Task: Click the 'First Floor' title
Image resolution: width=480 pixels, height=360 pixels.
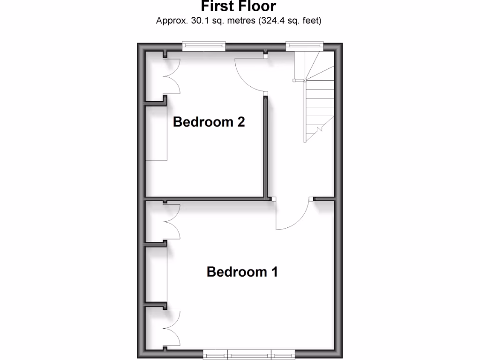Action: (x=239, y=6)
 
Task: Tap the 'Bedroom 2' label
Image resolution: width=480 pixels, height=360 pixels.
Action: (x=209, y=122)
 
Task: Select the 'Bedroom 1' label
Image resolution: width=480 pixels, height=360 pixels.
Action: (x=242, y=272)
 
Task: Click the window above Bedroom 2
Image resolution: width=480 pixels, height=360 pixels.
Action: (x=204, y=46)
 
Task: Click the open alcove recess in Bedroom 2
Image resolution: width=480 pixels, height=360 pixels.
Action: (x=156, y=133)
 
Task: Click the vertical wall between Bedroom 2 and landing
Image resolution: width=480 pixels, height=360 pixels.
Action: (x=265, y=145)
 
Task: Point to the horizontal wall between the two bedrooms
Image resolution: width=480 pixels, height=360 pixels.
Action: (x=206, y=199)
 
